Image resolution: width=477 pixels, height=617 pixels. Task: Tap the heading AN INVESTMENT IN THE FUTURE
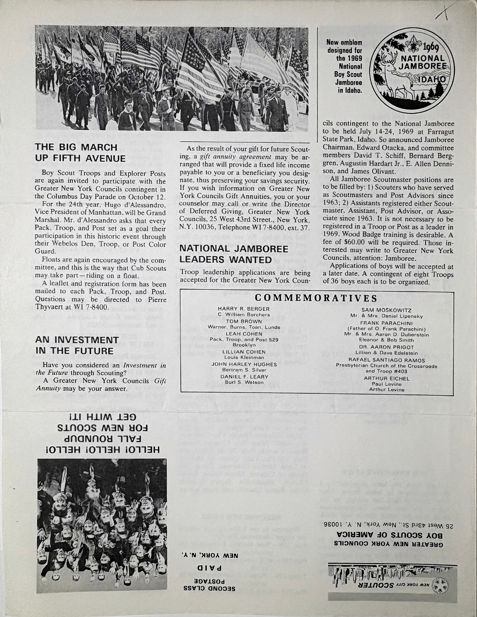click(74, 346)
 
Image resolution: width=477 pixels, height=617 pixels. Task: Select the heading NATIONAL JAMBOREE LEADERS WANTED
click(226, 254)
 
